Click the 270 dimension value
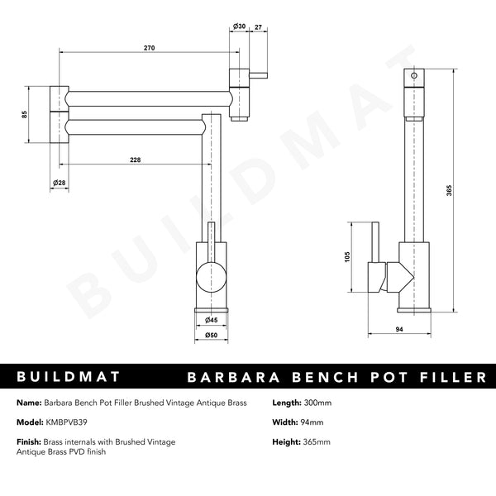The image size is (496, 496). pyautogui.click(x=150, y=48)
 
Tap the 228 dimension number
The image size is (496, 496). pyautogui.click(x=135, y=160)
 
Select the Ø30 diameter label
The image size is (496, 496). pyautogui.click(x=239, y=26)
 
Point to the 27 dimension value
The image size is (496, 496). pyautogui.click(x=258, y=27)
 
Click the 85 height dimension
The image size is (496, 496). pyautogui.click(x=24, y=115)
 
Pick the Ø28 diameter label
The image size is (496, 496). pyautogui.click(x=60, y=183)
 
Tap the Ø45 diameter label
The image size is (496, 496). pyautogui.click(x=212, y=320)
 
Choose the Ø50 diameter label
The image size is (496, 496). pyautogui.click(x=212, y=335)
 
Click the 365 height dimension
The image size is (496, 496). pyautogui.click(x=449, y=190)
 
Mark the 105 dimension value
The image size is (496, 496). pyautogui.click(x=347, y=256)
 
